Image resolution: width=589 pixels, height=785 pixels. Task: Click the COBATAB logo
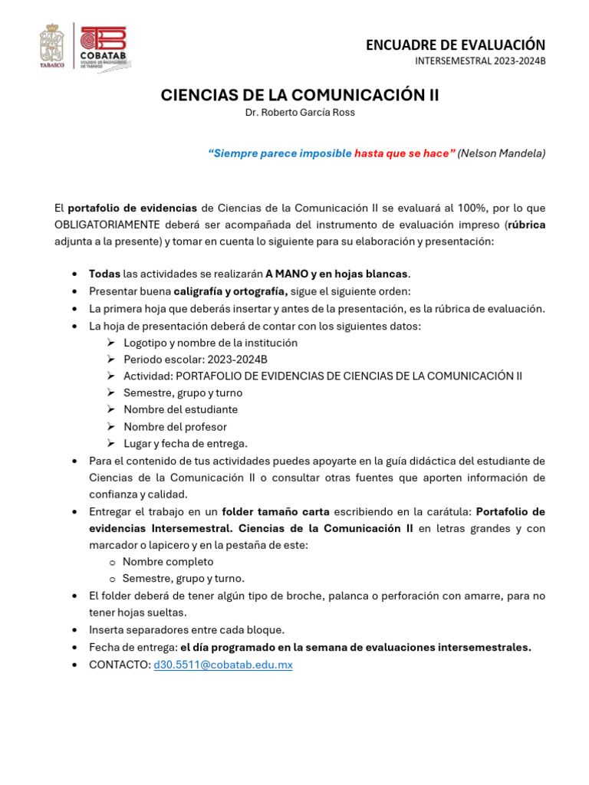click(103, 46)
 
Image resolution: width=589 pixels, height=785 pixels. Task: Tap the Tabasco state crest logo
click(54, 46)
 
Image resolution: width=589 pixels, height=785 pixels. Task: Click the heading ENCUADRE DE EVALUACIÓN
click(456, 45)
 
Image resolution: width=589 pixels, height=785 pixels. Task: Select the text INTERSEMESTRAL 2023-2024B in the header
click(480, 61)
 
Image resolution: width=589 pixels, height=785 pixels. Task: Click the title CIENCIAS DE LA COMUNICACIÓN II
click(300, 95)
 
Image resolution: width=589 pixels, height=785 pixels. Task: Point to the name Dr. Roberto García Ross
click(300, 113)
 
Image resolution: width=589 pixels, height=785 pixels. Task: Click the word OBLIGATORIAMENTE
click(107, 225)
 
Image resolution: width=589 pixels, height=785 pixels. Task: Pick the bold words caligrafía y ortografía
click(230, 291)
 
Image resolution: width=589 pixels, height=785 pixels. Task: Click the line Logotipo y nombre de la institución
click(210, 343)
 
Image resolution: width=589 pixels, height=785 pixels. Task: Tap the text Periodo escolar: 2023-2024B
click(196, 360)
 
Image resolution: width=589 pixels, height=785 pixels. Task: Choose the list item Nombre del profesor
click(175, 427)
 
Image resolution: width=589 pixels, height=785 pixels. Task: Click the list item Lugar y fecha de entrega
click(186, 444)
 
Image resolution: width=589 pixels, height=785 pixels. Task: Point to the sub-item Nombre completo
click(168, 562)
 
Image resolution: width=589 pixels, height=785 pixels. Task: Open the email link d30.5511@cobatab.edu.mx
click(223, 665)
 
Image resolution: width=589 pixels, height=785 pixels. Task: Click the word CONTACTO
click(120, 665)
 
